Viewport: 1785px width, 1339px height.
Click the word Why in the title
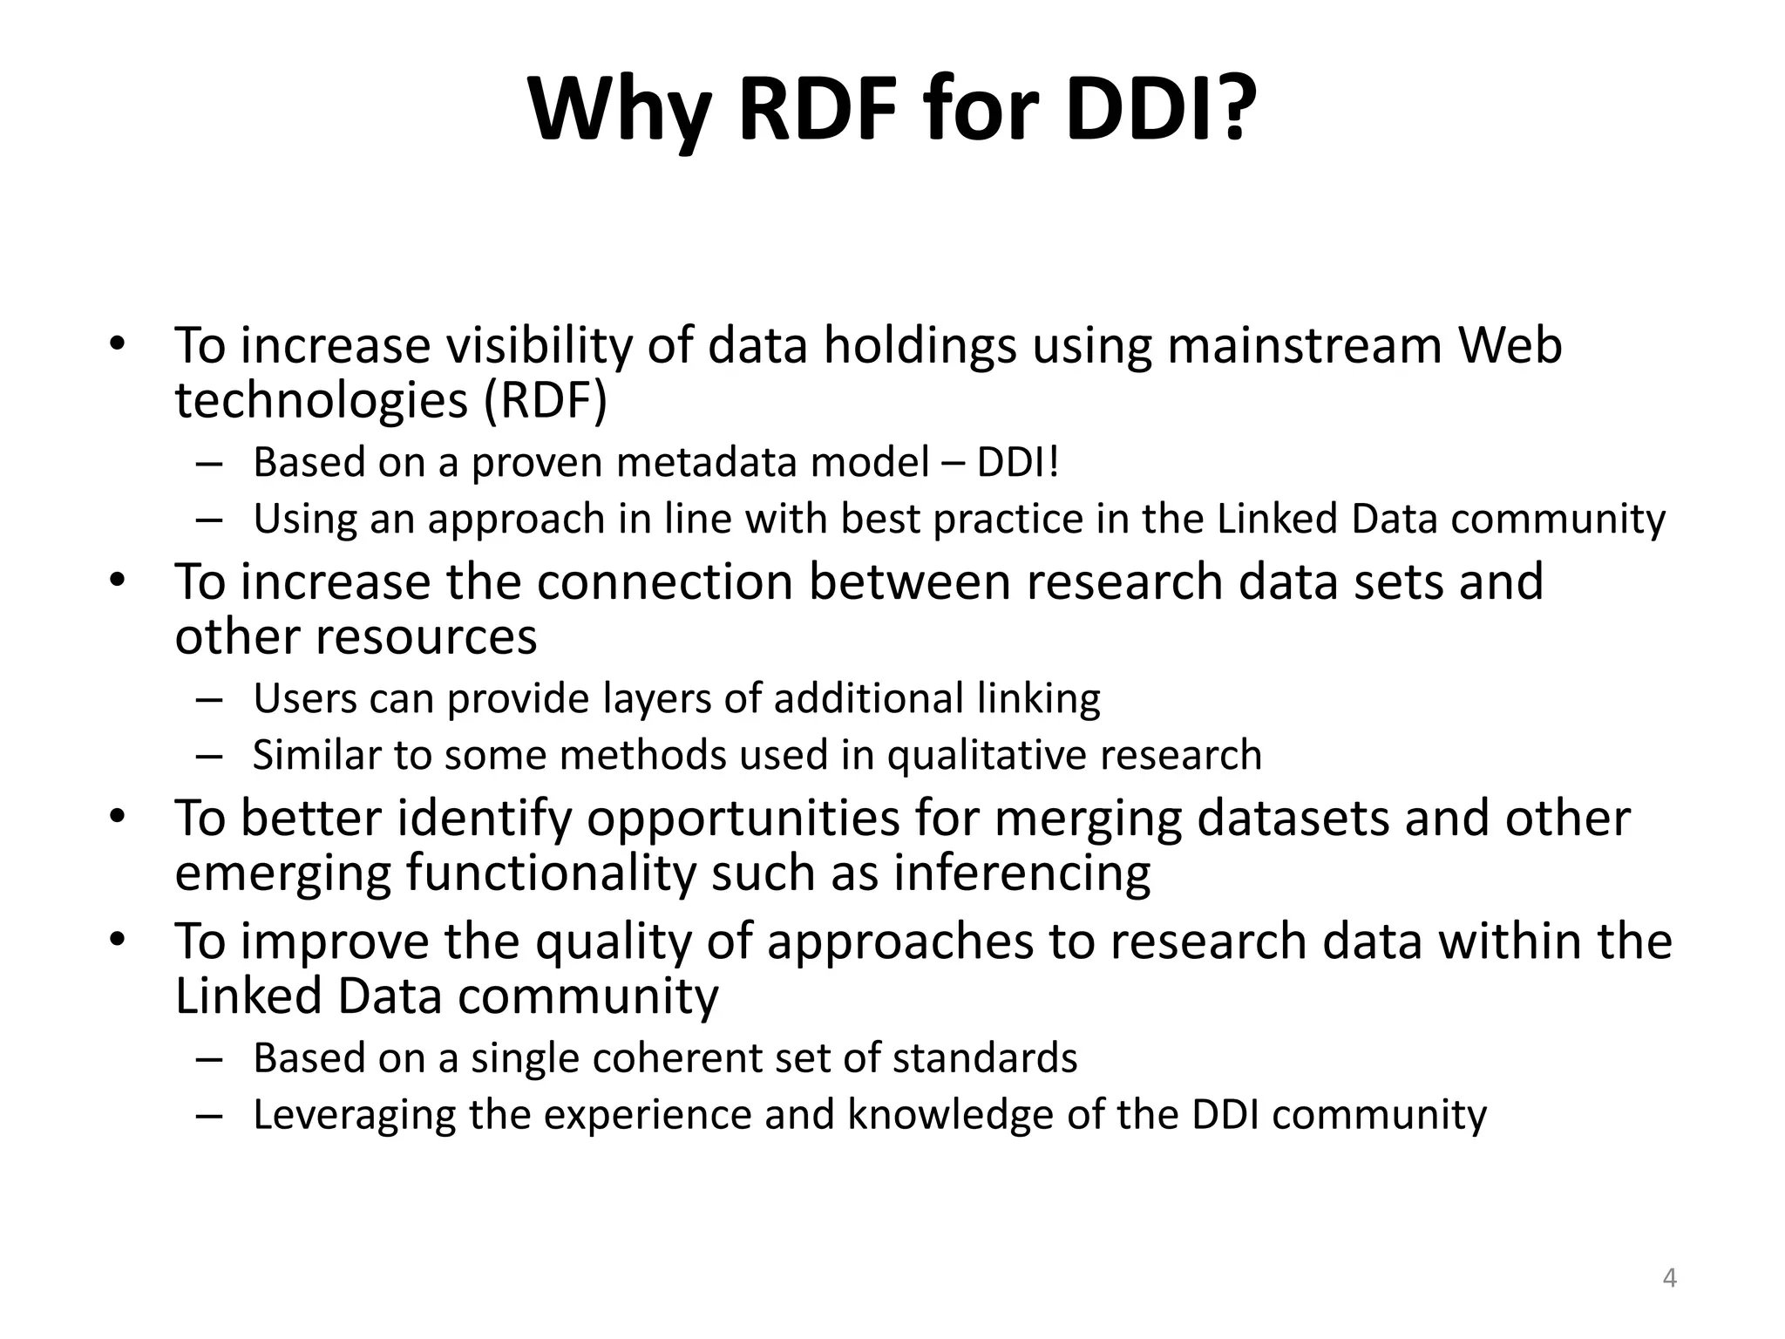[x=621, y=111]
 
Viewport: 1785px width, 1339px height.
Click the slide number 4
[x=1669, y=1278]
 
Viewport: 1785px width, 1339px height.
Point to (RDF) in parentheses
[x=545, y=401]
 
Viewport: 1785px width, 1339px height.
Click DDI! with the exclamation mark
[x=1017, y=462]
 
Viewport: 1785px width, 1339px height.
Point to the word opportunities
[x=743, y=819]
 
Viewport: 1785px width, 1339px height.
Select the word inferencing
[x=1021, y=873]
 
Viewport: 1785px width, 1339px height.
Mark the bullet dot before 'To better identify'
[x=118, y=817]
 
